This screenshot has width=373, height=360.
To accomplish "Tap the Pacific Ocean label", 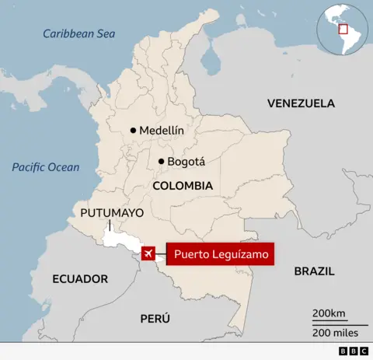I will [x=45, y=167].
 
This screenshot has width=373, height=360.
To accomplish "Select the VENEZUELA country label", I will [x=301, y=103].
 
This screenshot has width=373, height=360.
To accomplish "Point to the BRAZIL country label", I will [x=314, y=271].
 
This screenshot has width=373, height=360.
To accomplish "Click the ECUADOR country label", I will [x=80, y=278].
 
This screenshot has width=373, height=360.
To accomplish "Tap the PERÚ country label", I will [x=155, y=318].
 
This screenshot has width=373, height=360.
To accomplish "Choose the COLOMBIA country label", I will [x=183, y=187].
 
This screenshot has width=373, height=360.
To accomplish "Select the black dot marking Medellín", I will [x=134, y=131].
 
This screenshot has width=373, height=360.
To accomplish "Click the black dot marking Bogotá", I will [x=161, y=162].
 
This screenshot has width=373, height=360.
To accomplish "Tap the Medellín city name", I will [x=162, y=131].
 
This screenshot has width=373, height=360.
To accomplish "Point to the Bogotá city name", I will [x=186, y=162].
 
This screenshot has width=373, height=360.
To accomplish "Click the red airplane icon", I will [x=147, y=254].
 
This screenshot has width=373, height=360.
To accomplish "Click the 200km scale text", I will [x=329, y=313].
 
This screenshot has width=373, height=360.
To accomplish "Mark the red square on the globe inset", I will [x=343, y=30].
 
